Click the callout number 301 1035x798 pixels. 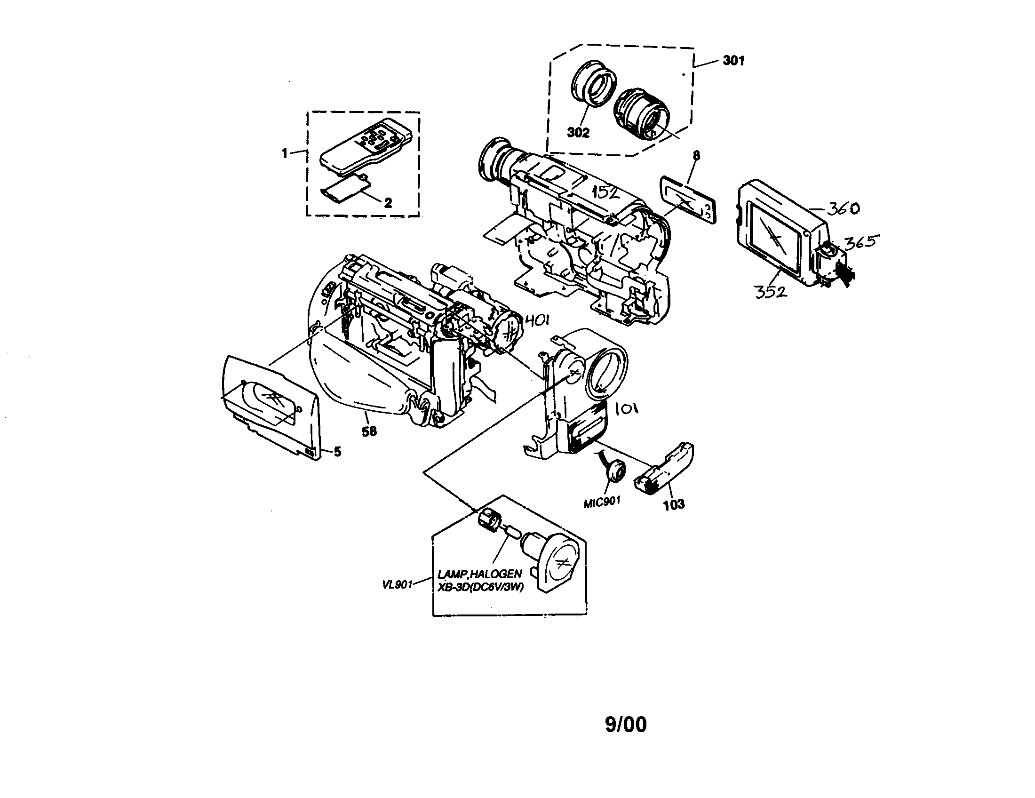[x=733, y=61]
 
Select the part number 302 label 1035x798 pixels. [x=578, y=133]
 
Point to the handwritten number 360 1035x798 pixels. [x=844, y=208]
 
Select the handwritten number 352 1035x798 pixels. [x=770, y=292]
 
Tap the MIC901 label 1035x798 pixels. [x=602, y=502]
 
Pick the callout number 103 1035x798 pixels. [x=674, y=504]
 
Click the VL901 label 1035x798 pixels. [x=397, y=584]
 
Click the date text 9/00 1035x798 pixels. [x=626, y=725]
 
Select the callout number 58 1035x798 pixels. [x=369, y=431]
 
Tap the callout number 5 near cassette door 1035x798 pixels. [x=337, y=452]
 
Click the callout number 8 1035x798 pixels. [x=696, y=155]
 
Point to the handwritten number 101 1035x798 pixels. [x=627, y=408]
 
